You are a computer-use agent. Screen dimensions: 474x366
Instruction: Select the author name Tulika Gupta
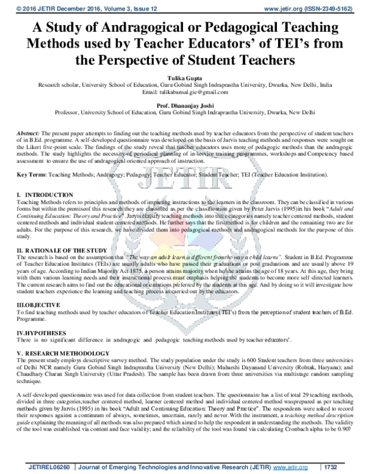pyautogui.click(x=182, y=79)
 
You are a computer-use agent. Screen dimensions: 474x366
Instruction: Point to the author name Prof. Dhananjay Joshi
pyautogui.click(x=182, y=105)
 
